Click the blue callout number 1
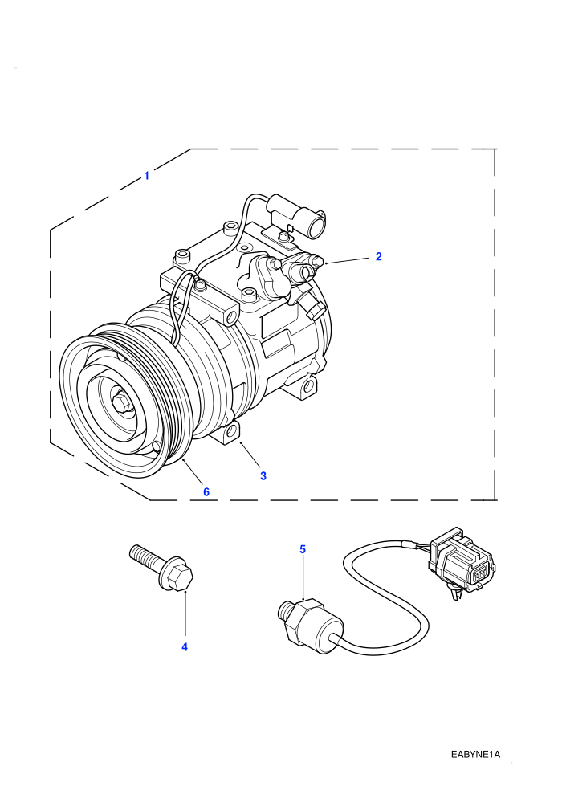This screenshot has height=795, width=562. tap(146, 176)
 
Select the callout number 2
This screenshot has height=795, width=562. tap(379, 256)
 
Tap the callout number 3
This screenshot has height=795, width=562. tap(263, 475)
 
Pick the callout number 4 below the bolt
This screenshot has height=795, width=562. tap(185, 647)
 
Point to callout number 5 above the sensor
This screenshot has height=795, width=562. tap(303, 549)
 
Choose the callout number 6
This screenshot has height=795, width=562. tap(206, 491)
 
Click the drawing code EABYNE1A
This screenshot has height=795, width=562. tap(475, 754)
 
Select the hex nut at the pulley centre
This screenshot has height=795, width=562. tap(121, 401)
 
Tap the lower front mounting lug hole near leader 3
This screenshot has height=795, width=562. tap(231, 431)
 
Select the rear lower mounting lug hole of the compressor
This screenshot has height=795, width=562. tap(308, 387)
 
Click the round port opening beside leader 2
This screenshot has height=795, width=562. tap(306, 272)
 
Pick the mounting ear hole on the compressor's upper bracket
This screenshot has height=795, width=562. tap(231, 318)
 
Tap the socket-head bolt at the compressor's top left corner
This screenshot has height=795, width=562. tap(182, 255)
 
